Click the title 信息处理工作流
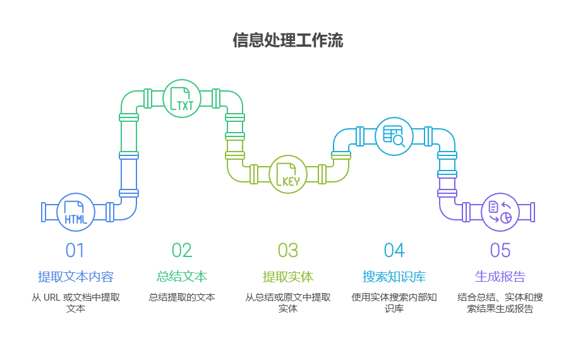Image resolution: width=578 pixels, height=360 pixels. (288, 41)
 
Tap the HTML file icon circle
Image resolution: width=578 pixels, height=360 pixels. (76, 212)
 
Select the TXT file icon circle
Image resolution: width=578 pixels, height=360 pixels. (182, 99)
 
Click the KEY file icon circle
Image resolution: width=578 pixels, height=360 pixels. (288, 174)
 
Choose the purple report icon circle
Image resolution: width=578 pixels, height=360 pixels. (500, 212)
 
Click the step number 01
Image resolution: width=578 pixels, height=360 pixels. (75, 251)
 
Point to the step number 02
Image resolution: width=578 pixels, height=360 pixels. (182, 251)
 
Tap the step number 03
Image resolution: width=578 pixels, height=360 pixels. (288, 251)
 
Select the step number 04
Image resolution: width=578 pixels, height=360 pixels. (394, 251)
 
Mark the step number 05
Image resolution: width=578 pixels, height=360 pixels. (500, 251)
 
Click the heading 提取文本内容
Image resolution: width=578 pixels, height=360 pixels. (76, 277)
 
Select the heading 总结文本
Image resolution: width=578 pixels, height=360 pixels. (182, 277)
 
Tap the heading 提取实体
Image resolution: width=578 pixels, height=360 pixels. (288, 277)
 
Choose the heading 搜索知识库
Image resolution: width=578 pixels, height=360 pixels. (394, 277)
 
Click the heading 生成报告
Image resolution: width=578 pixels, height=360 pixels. (500, 277)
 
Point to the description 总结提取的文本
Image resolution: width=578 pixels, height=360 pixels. (182, 297)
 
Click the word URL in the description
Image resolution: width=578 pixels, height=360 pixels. (52, 297)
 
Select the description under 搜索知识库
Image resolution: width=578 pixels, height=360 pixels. (394, 303)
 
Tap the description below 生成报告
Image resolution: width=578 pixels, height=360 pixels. (500, 303)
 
